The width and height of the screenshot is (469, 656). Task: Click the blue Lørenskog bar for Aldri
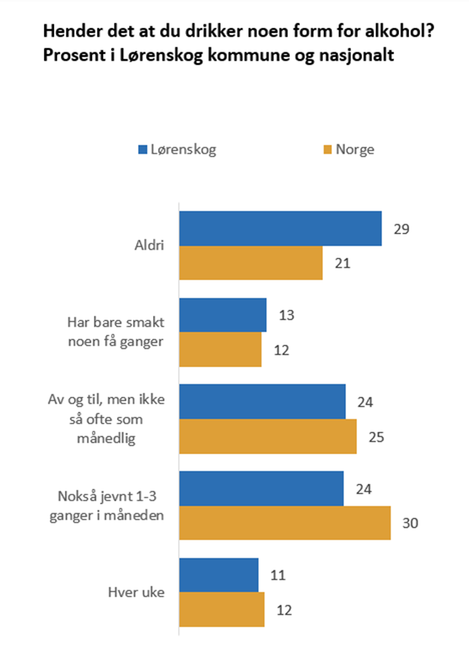[280, 228]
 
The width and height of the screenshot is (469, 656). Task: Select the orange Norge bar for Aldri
[251, 263]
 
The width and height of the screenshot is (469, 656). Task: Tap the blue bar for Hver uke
[219, 575]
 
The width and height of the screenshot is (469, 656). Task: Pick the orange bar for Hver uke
[222, 609]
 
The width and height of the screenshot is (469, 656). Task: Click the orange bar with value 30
[285, 522]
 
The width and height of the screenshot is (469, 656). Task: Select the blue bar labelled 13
[223, 315]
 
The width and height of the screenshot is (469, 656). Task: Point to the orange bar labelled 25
[268, 437]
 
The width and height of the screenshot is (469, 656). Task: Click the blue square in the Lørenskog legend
[142, 150]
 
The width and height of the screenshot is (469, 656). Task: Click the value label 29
[401, 229]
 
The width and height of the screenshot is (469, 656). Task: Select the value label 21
[343, 263]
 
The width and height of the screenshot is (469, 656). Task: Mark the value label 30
[410, 522]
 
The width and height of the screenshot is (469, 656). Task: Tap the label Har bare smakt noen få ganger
[115, 332]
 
